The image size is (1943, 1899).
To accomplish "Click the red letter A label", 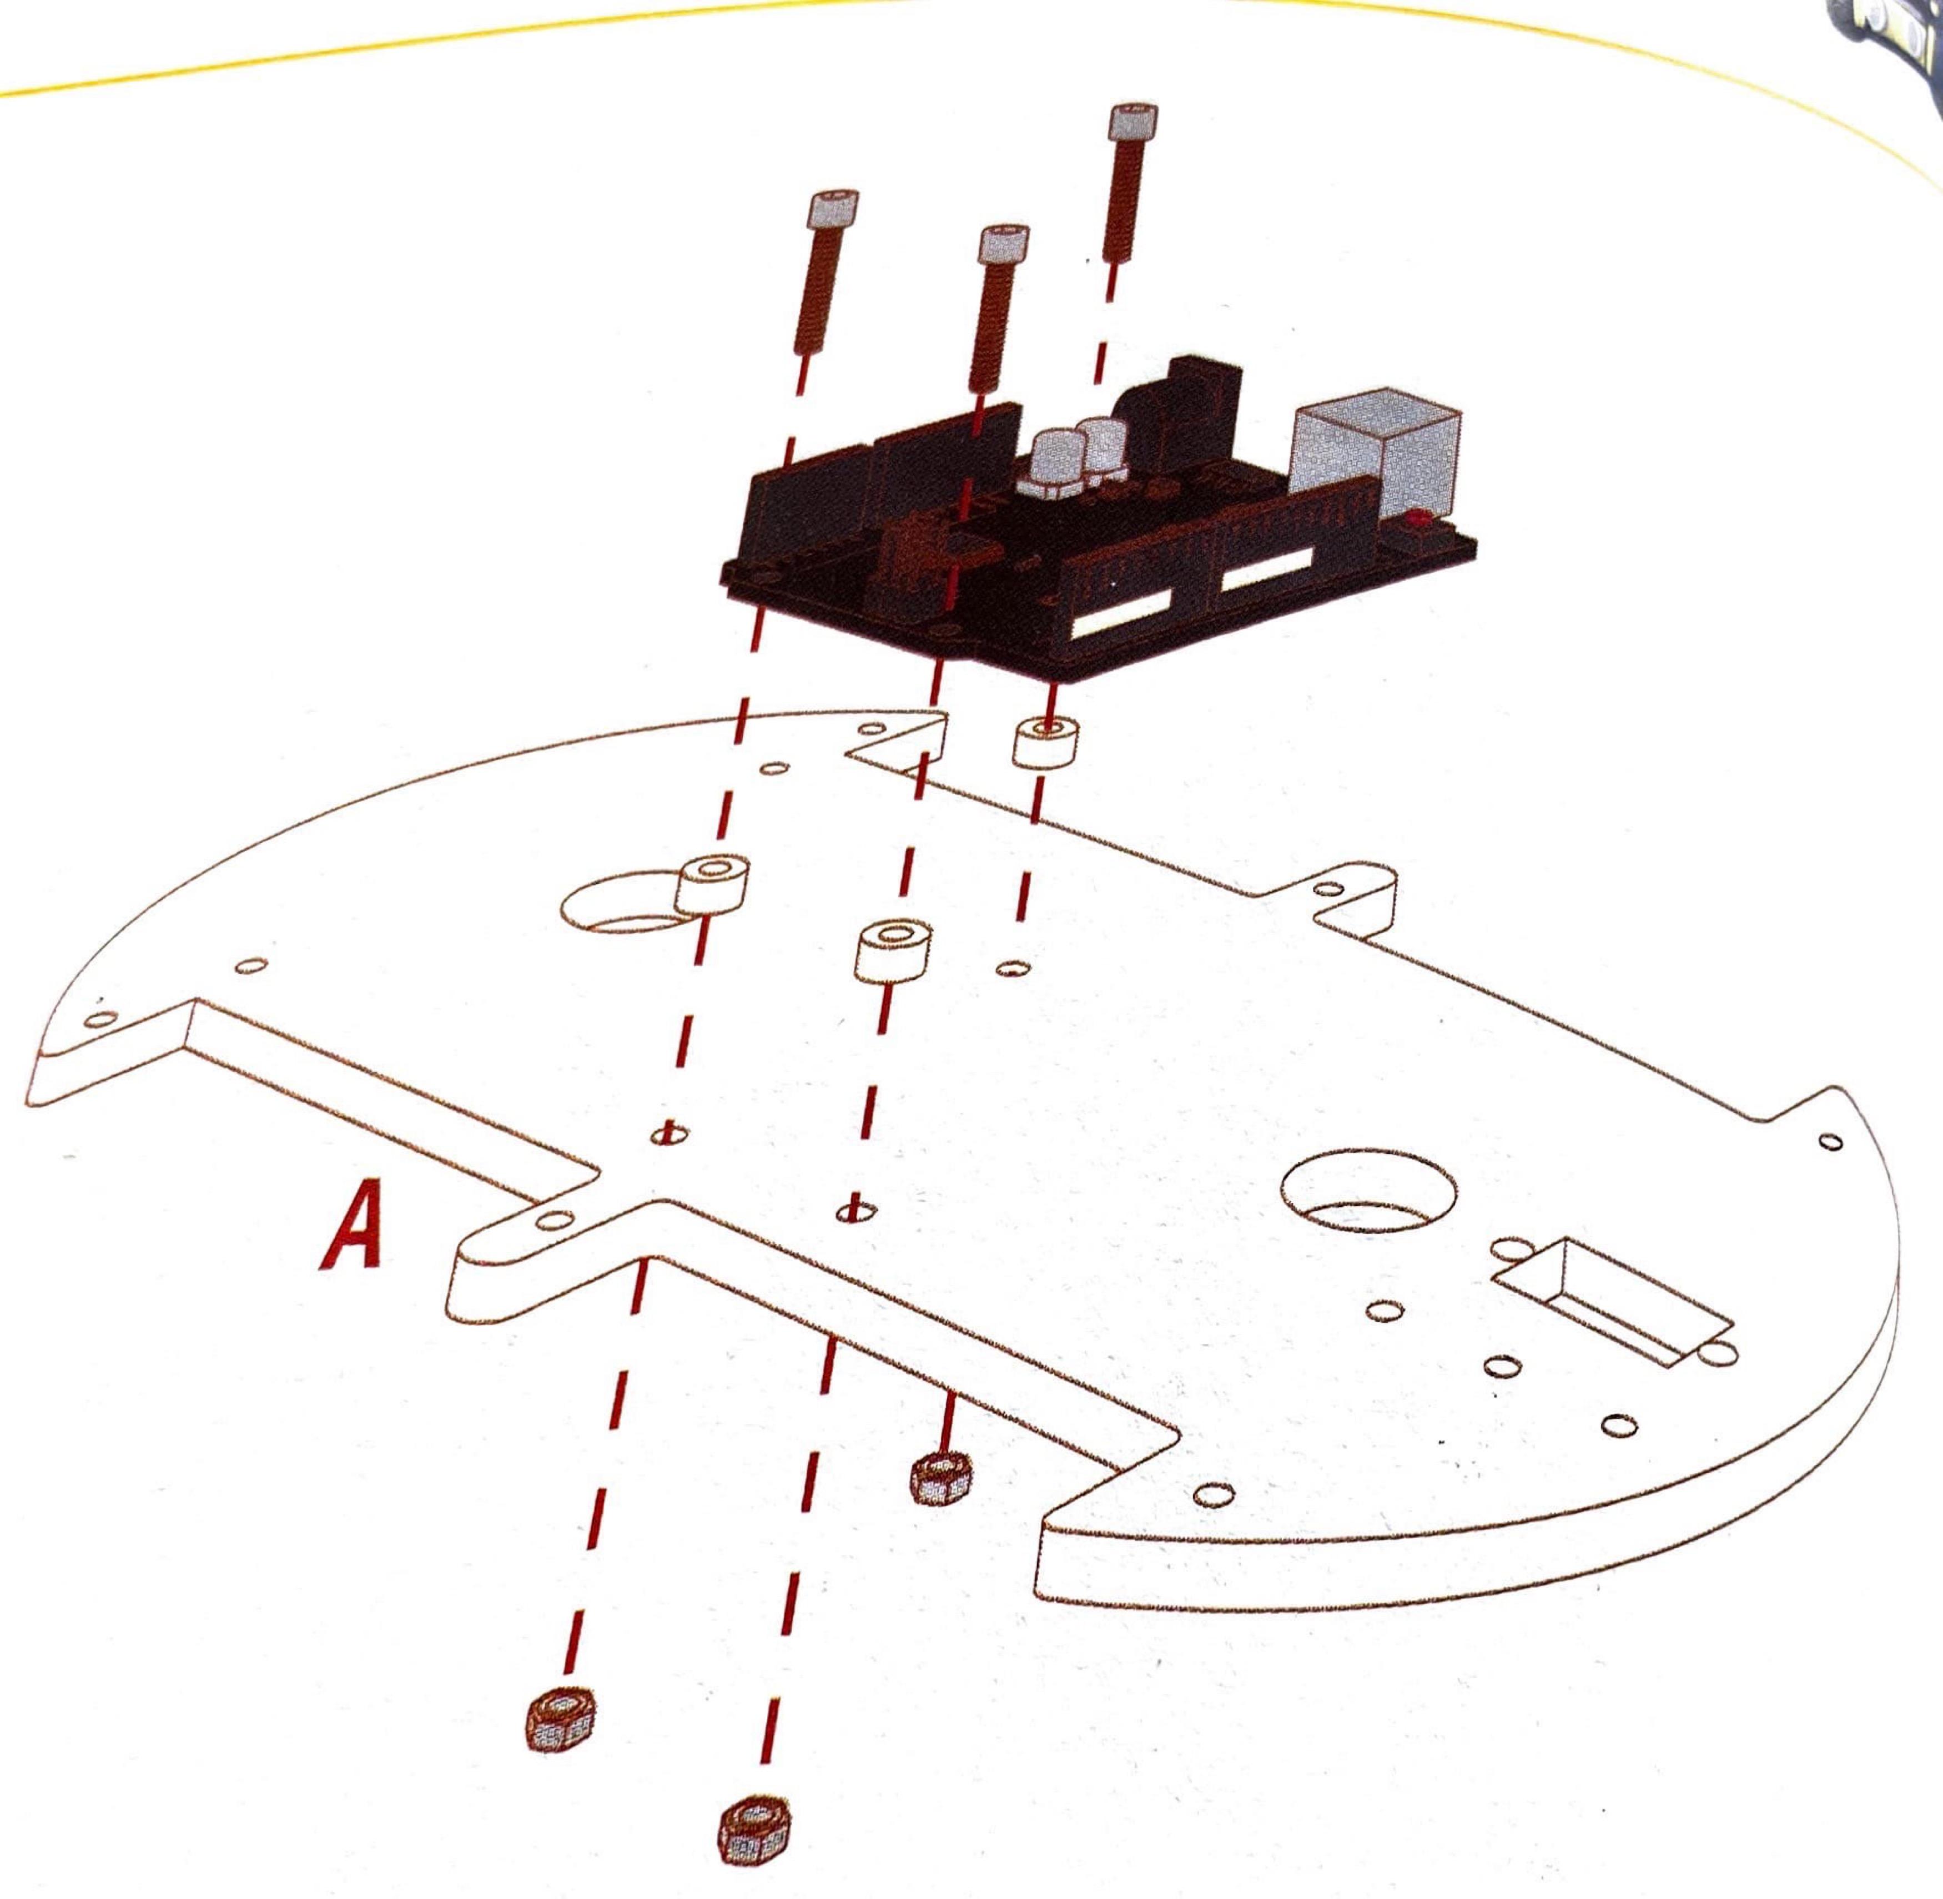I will (x=351, y=1225).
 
